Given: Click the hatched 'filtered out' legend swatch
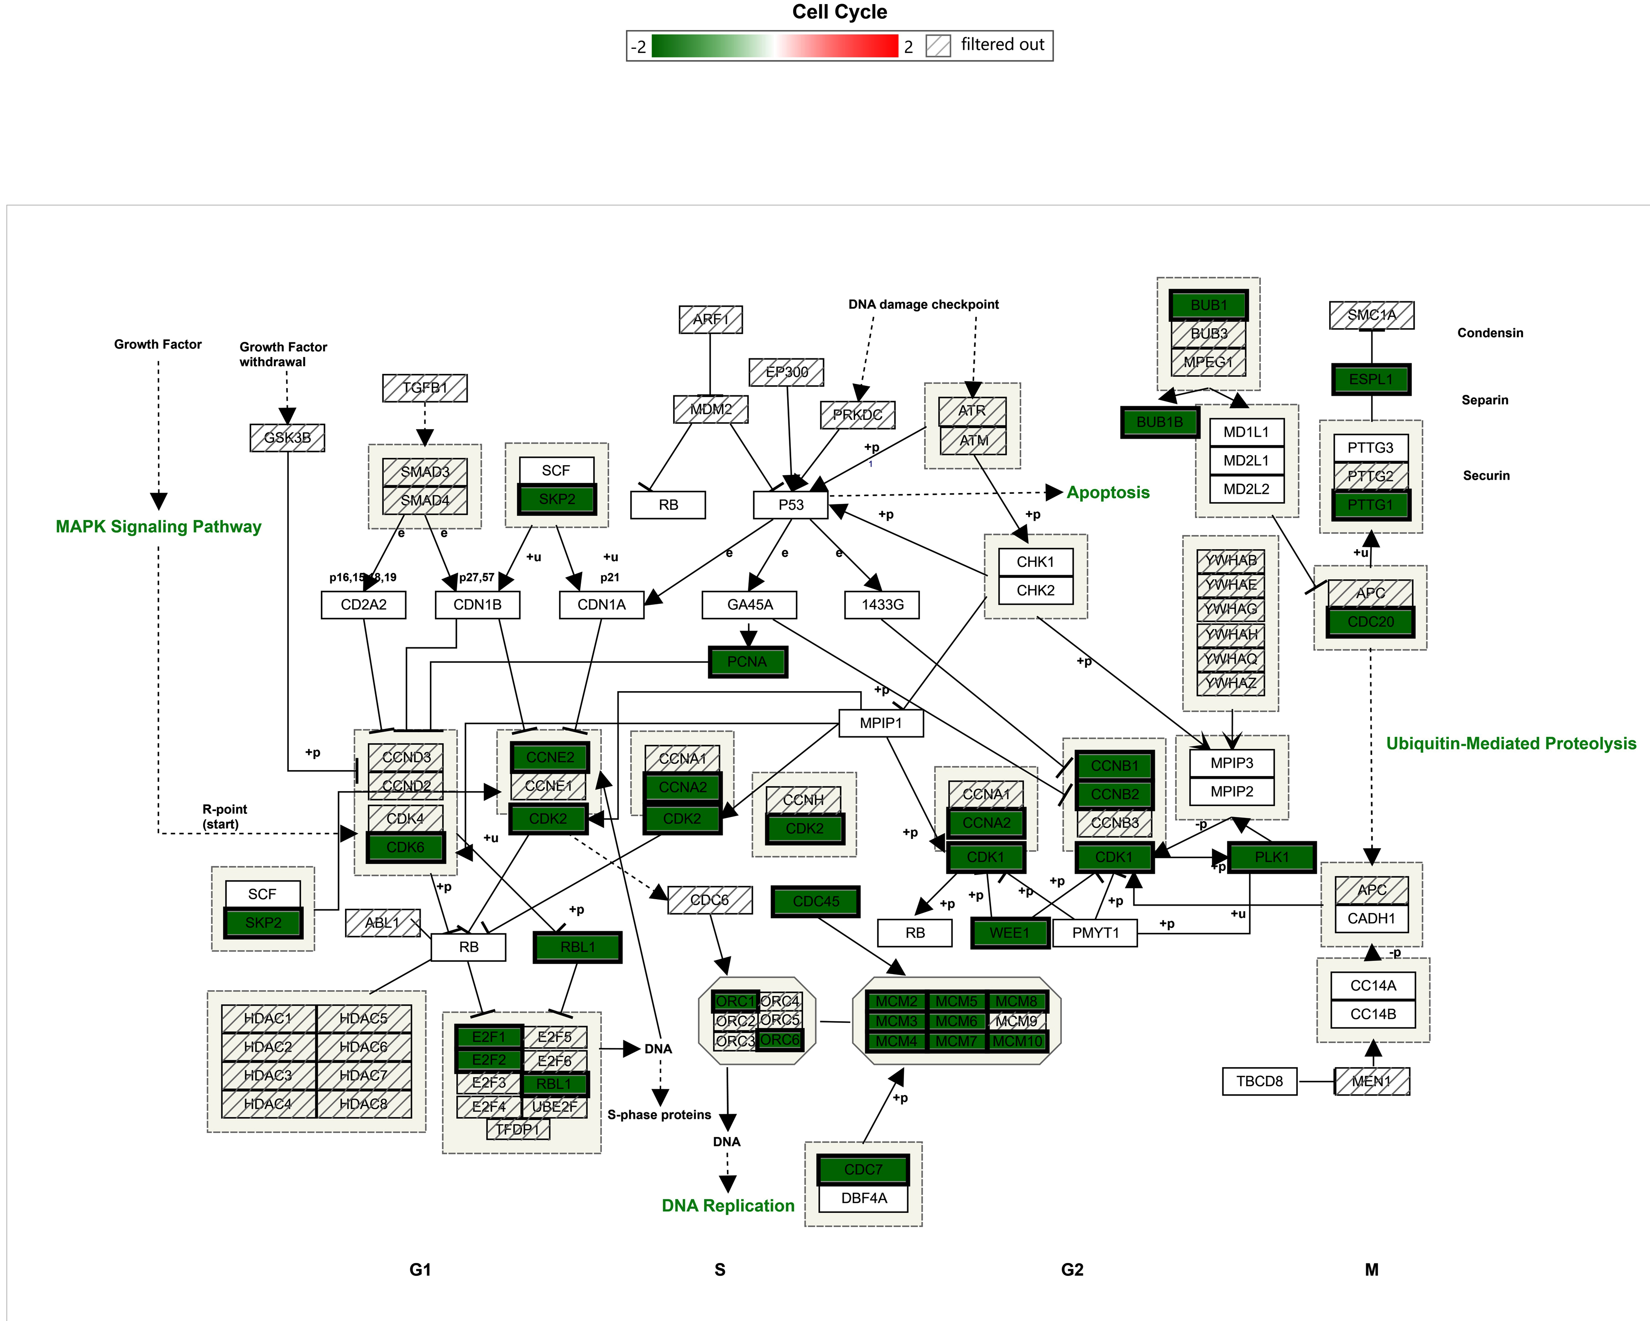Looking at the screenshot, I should click(938, 46).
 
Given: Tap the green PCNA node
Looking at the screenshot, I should click(747, 662).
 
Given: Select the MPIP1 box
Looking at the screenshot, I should click(881, 723).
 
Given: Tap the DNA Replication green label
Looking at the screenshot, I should click(728, 1206).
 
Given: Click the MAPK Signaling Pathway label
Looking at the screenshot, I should click(158, 527).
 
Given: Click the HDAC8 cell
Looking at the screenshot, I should click(364, 1104).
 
